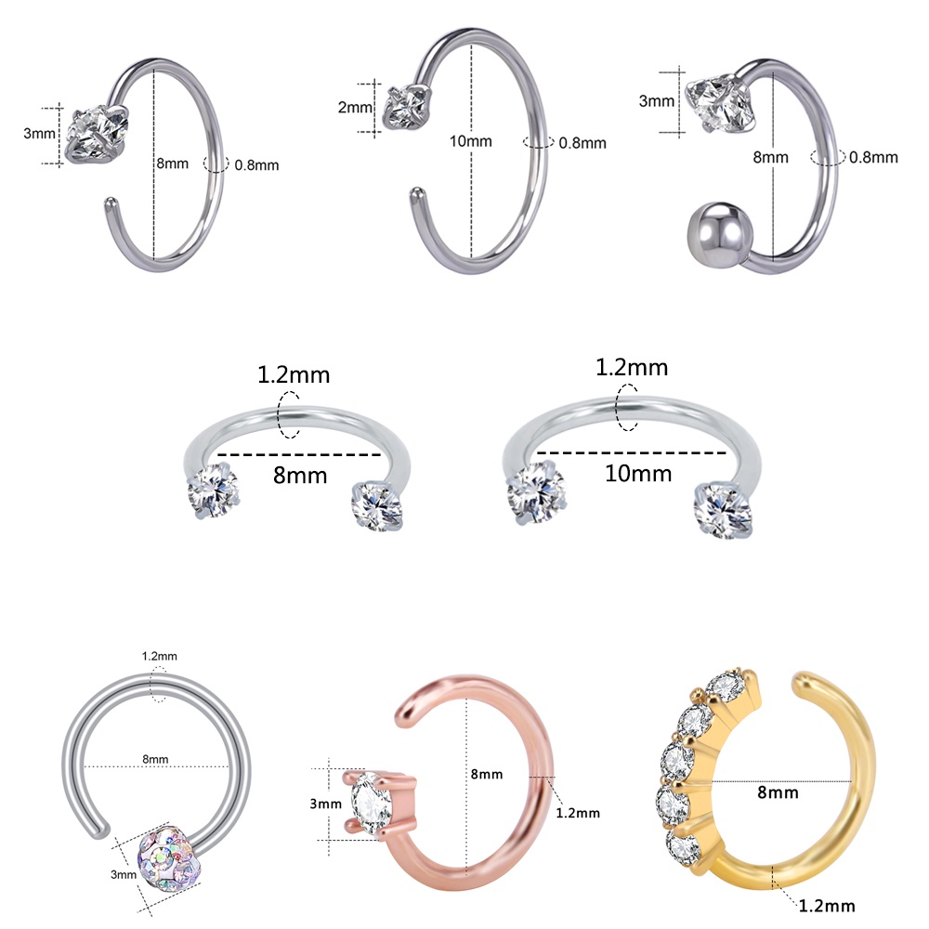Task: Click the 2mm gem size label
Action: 355,107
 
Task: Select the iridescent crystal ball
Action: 167,855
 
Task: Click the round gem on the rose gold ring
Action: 373,803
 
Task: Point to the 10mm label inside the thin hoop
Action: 470,141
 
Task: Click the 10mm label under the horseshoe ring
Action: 638,474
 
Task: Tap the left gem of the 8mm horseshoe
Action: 214,491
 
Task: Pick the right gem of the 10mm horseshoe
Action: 723,510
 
